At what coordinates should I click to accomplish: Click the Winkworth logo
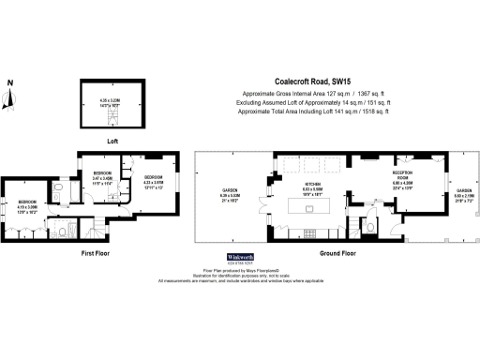[240, 256]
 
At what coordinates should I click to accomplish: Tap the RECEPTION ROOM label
[405, 175]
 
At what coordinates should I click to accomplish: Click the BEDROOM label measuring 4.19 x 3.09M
[27, 204]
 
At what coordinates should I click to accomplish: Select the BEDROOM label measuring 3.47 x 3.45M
[102, 176]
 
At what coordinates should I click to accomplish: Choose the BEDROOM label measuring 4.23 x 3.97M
[153, 180]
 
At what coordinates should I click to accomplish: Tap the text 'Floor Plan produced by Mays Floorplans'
[240, 272]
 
